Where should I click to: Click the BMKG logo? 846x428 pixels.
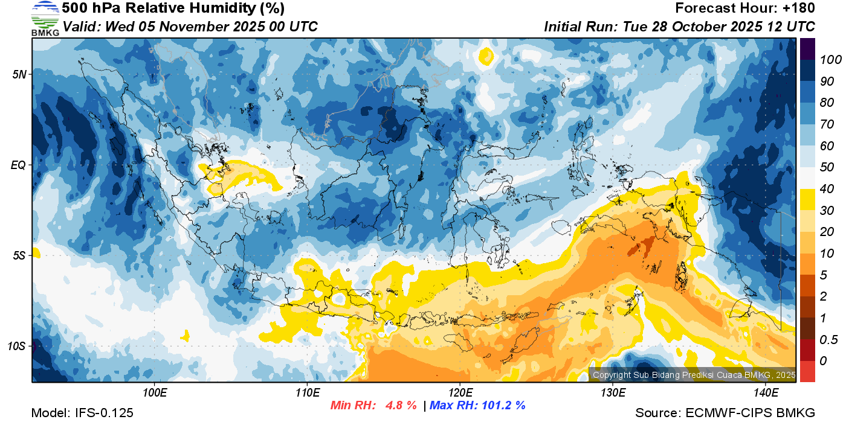click(x=45, y=18)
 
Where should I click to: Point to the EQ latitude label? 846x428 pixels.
click(x=19, y=165)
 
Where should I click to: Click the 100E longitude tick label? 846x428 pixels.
click(x=155, y=393)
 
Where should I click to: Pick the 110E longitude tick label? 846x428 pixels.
click(x=308, y=393)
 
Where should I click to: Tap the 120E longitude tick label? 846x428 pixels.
click(x=460, y=393)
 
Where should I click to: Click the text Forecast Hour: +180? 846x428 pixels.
click(x=744, y=8)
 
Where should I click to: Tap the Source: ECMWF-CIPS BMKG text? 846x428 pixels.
click(x=725, y=414)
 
